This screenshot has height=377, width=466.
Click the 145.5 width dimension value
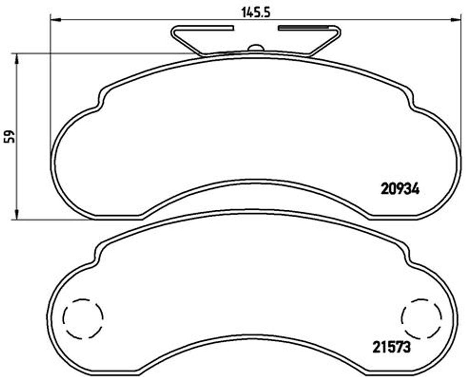[256, 12]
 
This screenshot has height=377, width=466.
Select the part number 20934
[400, 189]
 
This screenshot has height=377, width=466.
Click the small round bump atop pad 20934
[255, 48]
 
